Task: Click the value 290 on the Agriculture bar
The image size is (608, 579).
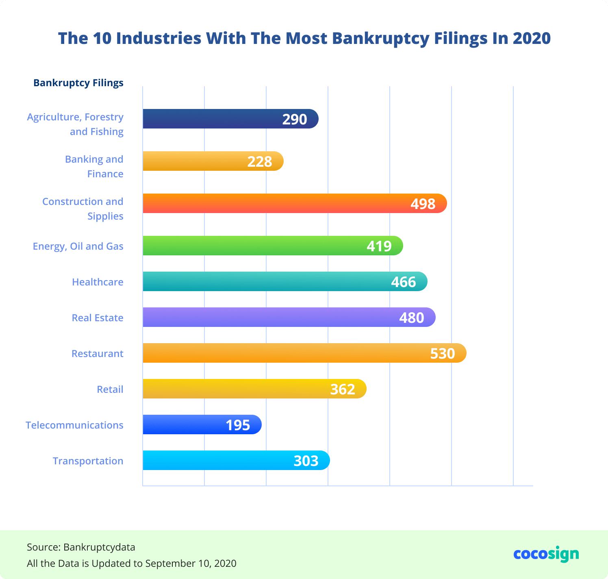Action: pyautogui.click(x=295, y=119)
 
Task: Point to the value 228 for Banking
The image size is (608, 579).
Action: pyautogui.click(x=260, y=161)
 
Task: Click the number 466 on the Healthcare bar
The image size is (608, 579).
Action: pyautogui.click(x=404, y=282)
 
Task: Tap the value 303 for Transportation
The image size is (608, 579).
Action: pyautogui.click(x=306, y=461)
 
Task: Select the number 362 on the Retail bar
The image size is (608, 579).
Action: pyautogui.click(x=343, y=389)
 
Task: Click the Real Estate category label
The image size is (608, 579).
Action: pyautogui.click(x=98, y=318)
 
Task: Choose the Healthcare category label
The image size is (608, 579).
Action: pyautogui.click(x=98, y=282)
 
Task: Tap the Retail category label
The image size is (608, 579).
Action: pyautogui.click(x=110, y=389)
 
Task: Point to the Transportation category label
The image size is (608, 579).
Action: pyautogui.click(x=88, y=461)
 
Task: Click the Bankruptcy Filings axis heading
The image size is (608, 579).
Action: pyautogui.click(x=78, y=83)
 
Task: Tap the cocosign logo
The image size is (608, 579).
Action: pyautogui.click(x=546, y=554)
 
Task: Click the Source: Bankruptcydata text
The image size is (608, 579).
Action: pyautogui.click(x=81, y=547)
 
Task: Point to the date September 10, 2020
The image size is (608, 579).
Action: pyautogui.click(x=191, y=563)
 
